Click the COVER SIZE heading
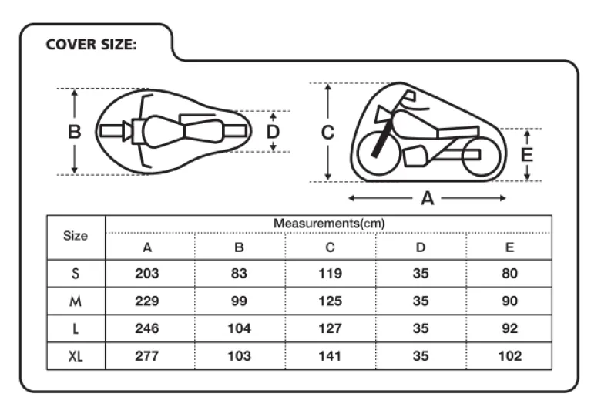91,45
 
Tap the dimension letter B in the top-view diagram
75,132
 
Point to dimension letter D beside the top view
273,132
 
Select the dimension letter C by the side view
327,133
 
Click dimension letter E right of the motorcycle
527,155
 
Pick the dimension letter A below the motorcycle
428,199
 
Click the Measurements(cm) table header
329,224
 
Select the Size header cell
76,236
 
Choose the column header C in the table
330,247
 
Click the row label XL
76,356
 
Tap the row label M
76,301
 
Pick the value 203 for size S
147,274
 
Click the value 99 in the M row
239,301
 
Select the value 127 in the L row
330,328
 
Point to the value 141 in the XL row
330,356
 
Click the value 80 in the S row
509,274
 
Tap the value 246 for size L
147,328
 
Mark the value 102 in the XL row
510,356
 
